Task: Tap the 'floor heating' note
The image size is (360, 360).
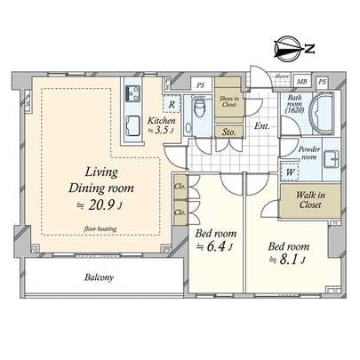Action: (104, 228)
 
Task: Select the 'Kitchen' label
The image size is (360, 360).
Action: (161, 121)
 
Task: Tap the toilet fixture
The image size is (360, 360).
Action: (201, 111)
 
